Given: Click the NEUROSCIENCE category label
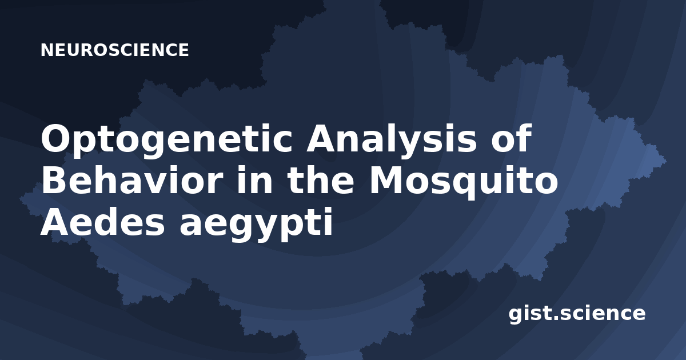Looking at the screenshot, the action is [x=115, y=50].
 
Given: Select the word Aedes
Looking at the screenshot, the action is [x=103, y=222].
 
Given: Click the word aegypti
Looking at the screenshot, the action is [x=256, y=225].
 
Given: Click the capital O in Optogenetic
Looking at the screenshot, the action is [x=57, y=138].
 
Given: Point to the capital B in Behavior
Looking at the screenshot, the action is [x=54, y=179].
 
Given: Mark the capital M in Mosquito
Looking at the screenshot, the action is [x=387, y=179].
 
